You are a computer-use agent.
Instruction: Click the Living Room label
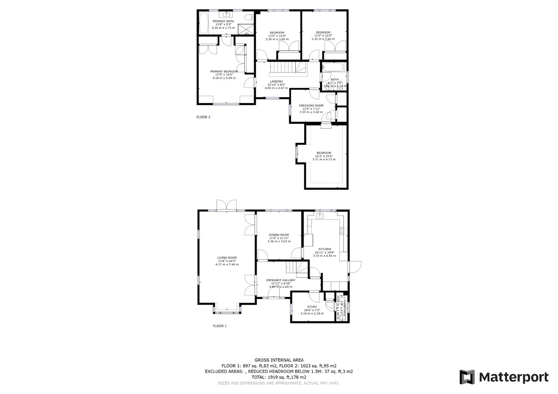227,258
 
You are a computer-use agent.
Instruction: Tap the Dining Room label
279,235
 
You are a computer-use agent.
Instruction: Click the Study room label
312,307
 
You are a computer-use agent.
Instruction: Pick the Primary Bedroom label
224,72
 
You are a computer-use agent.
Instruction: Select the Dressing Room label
311,105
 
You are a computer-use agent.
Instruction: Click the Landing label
276,81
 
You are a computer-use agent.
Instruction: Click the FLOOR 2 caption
204,117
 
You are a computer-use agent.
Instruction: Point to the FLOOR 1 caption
220,326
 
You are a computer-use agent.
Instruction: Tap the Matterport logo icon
467,377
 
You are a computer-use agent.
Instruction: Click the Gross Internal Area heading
279,360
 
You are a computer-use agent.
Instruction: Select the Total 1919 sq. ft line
279,377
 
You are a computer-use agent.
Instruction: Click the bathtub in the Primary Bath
204,23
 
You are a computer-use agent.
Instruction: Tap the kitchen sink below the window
320,216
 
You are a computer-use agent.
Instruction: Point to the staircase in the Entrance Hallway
297,269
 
